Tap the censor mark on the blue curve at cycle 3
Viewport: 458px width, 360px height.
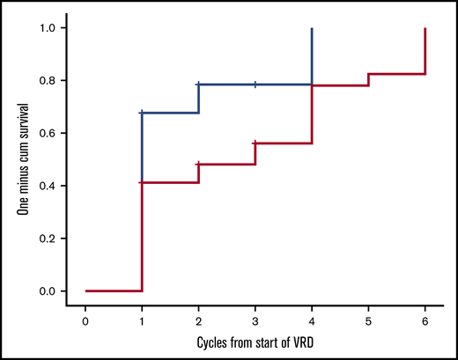(x=255, y=84)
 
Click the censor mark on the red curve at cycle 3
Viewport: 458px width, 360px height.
(x=255, y=143)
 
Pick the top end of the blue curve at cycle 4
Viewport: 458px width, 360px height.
(x=312, y=29)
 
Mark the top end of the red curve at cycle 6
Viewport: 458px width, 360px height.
(x=425, y=29)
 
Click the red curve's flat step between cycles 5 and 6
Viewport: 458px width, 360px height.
(x=397, y=74)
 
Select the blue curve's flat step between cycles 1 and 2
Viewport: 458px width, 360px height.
(x=171, y=113)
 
